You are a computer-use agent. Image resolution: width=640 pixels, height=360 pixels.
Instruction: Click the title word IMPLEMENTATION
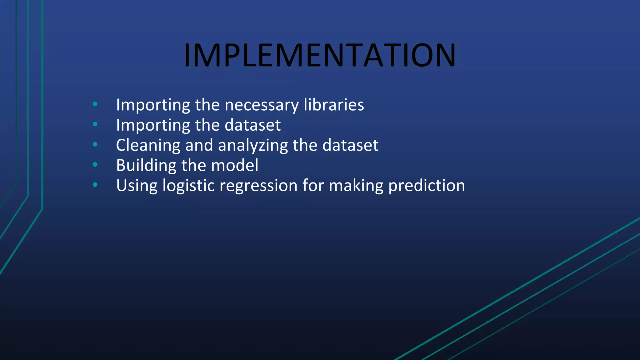[320, 55]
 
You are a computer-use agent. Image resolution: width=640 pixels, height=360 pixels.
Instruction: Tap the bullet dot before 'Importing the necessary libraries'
[95, 104]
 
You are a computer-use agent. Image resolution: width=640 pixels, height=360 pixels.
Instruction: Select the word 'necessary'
[262, 105]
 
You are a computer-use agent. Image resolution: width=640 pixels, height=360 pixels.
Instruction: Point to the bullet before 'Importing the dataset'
[95, 124]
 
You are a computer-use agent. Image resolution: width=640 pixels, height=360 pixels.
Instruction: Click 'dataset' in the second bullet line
[252, 125]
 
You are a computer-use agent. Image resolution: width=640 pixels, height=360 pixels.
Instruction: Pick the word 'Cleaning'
[148, 146]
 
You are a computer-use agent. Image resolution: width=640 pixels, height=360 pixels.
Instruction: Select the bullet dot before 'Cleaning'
[95, 144]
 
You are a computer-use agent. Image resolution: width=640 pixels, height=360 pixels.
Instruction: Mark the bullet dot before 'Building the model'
[95, 164]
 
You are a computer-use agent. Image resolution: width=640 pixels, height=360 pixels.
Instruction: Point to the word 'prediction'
[427, 186]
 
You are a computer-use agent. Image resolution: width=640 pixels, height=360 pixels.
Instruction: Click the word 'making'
[356, 186]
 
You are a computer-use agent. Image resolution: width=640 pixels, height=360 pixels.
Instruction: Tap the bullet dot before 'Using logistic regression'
[95, 185]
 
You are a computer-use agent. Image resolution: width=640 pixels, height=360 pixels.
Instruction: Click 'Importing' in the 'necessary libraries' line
[153, 105]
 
